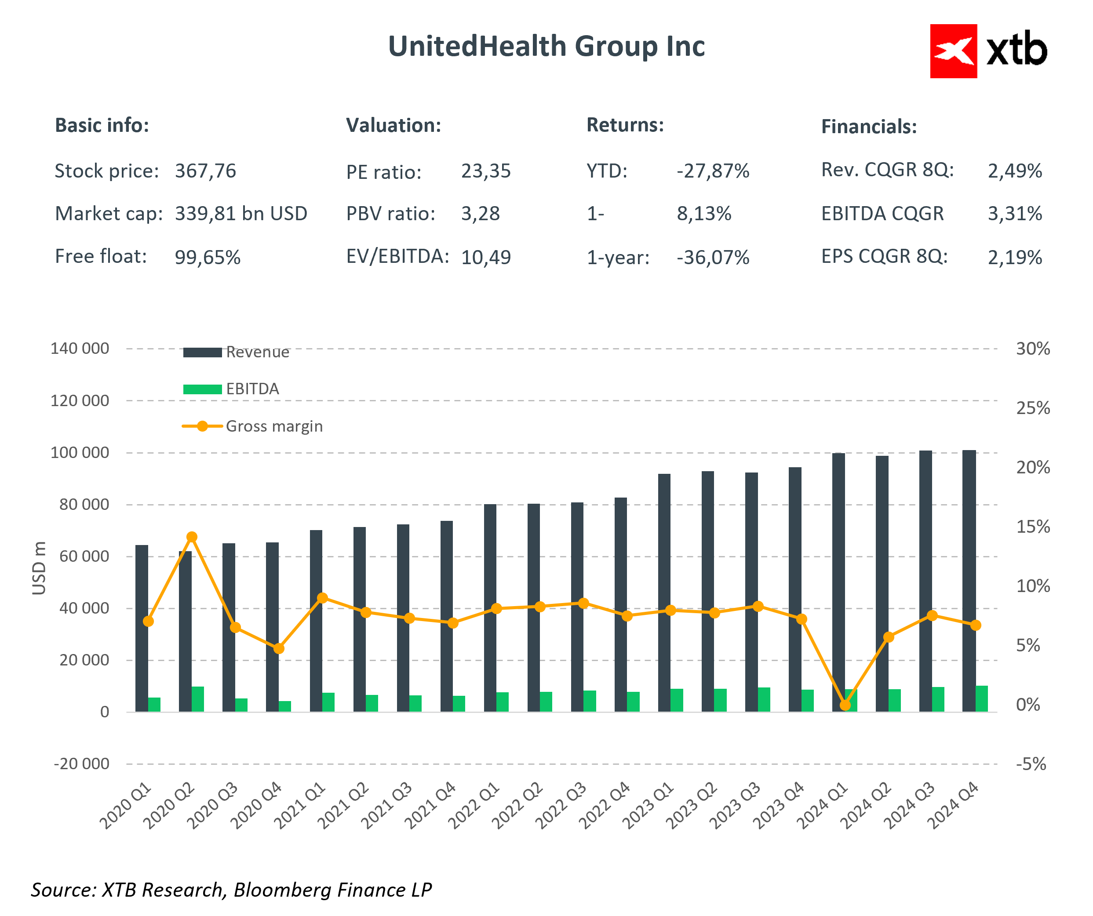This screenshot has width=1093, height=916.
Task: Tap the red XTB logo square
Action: tap(953, 51)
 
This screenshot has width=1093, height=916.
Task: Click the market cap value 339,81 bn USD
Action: tap(240, 214)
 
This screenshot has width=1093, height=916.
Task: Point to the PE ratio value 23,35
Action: tap(485, 171)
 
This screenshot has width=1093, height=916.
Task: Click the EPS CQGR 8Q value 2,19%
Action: tap(1014, 258)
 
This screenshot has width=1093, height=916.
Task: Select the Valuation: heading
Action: tap(393, 125)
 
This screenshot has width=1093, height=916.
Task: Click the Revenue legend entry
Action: tap(257, 353)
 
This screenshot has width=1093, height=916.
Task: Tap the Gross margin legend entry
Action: tap(274, 426)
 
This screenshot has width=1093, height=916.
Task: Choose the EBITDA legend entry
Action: tap(252, 389)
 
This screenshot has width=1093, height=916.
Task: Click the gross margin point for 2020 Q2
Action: tap(192, 537)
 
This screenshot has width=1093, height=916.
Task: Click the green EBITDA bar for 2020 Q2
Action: tap(198, 699)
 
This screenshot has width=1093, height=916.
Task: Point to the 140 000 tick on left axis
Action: tap(80, 349)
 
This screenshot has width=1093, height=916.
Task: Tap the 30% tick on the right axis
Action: tap(1033, 349)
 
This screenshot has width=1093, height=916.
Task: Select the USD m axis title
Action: tap(39, 568)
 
